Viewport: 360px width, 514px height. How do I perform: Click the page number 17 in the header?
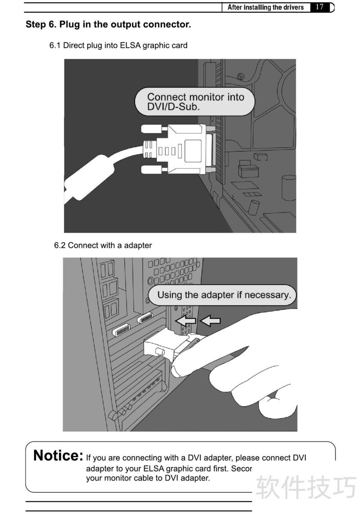tap(319, 7)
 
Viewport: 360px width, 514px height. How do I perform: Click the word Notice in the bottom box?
tap(58, 455)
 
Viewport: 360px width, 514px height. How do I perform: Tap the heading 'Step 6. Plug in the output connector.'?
tap(108, 25)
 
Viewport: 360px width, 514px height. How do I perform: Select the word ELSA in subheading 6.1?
tap(130, 45)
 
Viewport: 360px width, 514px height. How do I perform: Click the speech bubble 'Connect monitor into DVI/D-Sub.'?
tap(195, 102)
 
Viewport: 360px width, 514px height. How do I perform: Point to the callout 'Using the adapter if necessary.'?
tap(222, 295)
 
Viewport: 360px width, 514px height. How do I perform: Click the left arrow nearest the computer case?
tap(186, 320)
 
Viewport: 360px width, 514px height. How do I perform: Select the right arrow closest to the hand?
tap(210, 320)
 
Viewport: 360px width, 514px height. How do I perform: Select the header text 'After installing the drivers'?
tap(265, 7)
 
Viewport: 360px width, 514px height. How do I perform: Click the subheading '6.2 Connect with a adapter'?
tap(103, 245)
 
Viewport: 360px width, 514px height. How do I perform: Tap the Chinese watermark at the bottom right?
tap(306, 487)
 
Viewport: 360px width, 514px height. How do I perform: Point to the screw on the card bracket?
tap(241, 77)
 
